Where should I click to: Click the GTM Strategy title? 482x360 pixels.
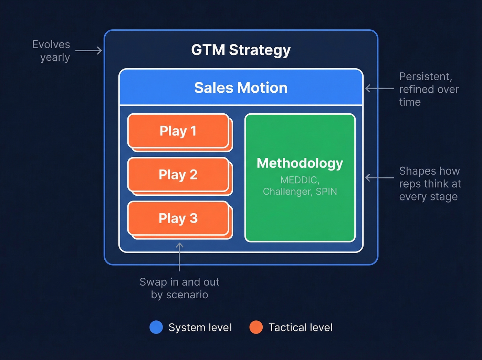point(241,50)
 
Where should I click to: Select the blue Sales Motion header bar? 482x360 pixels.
point(241,88)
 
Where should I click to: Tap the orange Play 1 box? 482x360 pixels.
point(178,131)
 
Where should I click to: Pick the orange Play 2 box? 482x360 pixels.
point(178,175)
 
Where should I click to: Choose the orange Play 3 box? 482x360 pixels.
point(178,218)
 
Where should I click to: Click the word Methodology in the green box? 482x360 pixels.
point(300,163)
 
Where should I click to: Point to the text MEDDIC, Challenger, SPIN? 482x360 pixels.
point(300,186)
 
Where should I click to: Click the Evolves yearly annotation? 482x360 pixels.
point(52,51)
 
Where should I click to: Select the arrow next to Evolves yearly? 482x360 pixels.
point(88,51)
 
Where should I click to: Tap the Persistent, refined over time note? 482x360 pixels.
point(429,89)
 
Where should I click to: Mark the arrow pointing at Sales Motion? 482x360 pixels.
point(379,89)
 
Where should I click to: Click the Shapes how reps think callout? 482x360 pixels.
point(430,184)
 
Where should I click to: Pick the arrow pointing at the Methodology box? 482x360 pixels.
point(379,178)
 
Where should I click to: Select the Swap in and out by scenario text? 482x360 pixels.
point(179,288)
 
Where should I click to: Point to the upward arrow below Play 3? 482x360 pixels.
point(179,257)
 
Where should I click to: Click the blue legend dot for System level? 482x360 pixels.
point(156,327)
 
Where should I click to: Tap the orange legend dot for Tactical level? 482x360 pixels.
point(256,327)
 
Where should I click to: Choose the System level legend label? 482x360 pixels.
point(200,327)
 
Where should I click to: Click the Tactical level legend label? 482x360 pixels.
point(300,327)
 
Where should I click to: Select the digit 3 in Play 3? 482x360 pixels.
point(193,218)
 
